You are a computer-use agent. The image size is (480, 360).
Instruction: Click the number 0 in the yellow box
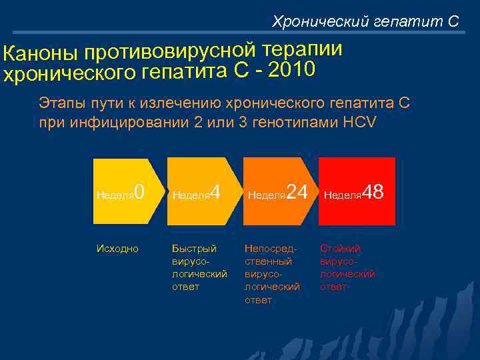point(139,193)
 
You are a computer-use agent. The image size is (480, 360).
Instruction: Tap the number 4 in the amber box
point(215,193)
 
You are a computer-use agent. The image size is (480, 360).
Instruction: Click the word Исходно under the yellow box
point(117,248)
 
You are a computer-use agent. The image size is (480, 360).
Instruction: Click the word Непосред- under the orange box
point(271,248)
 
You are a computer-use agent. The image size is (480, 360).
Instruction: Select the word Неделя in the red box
point(343,195)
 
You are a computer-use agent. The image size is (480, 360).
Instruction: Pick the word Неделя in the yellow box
point(115,195)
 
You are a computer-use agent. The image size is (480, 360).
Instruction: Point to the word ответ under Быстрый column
point(186,287)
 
